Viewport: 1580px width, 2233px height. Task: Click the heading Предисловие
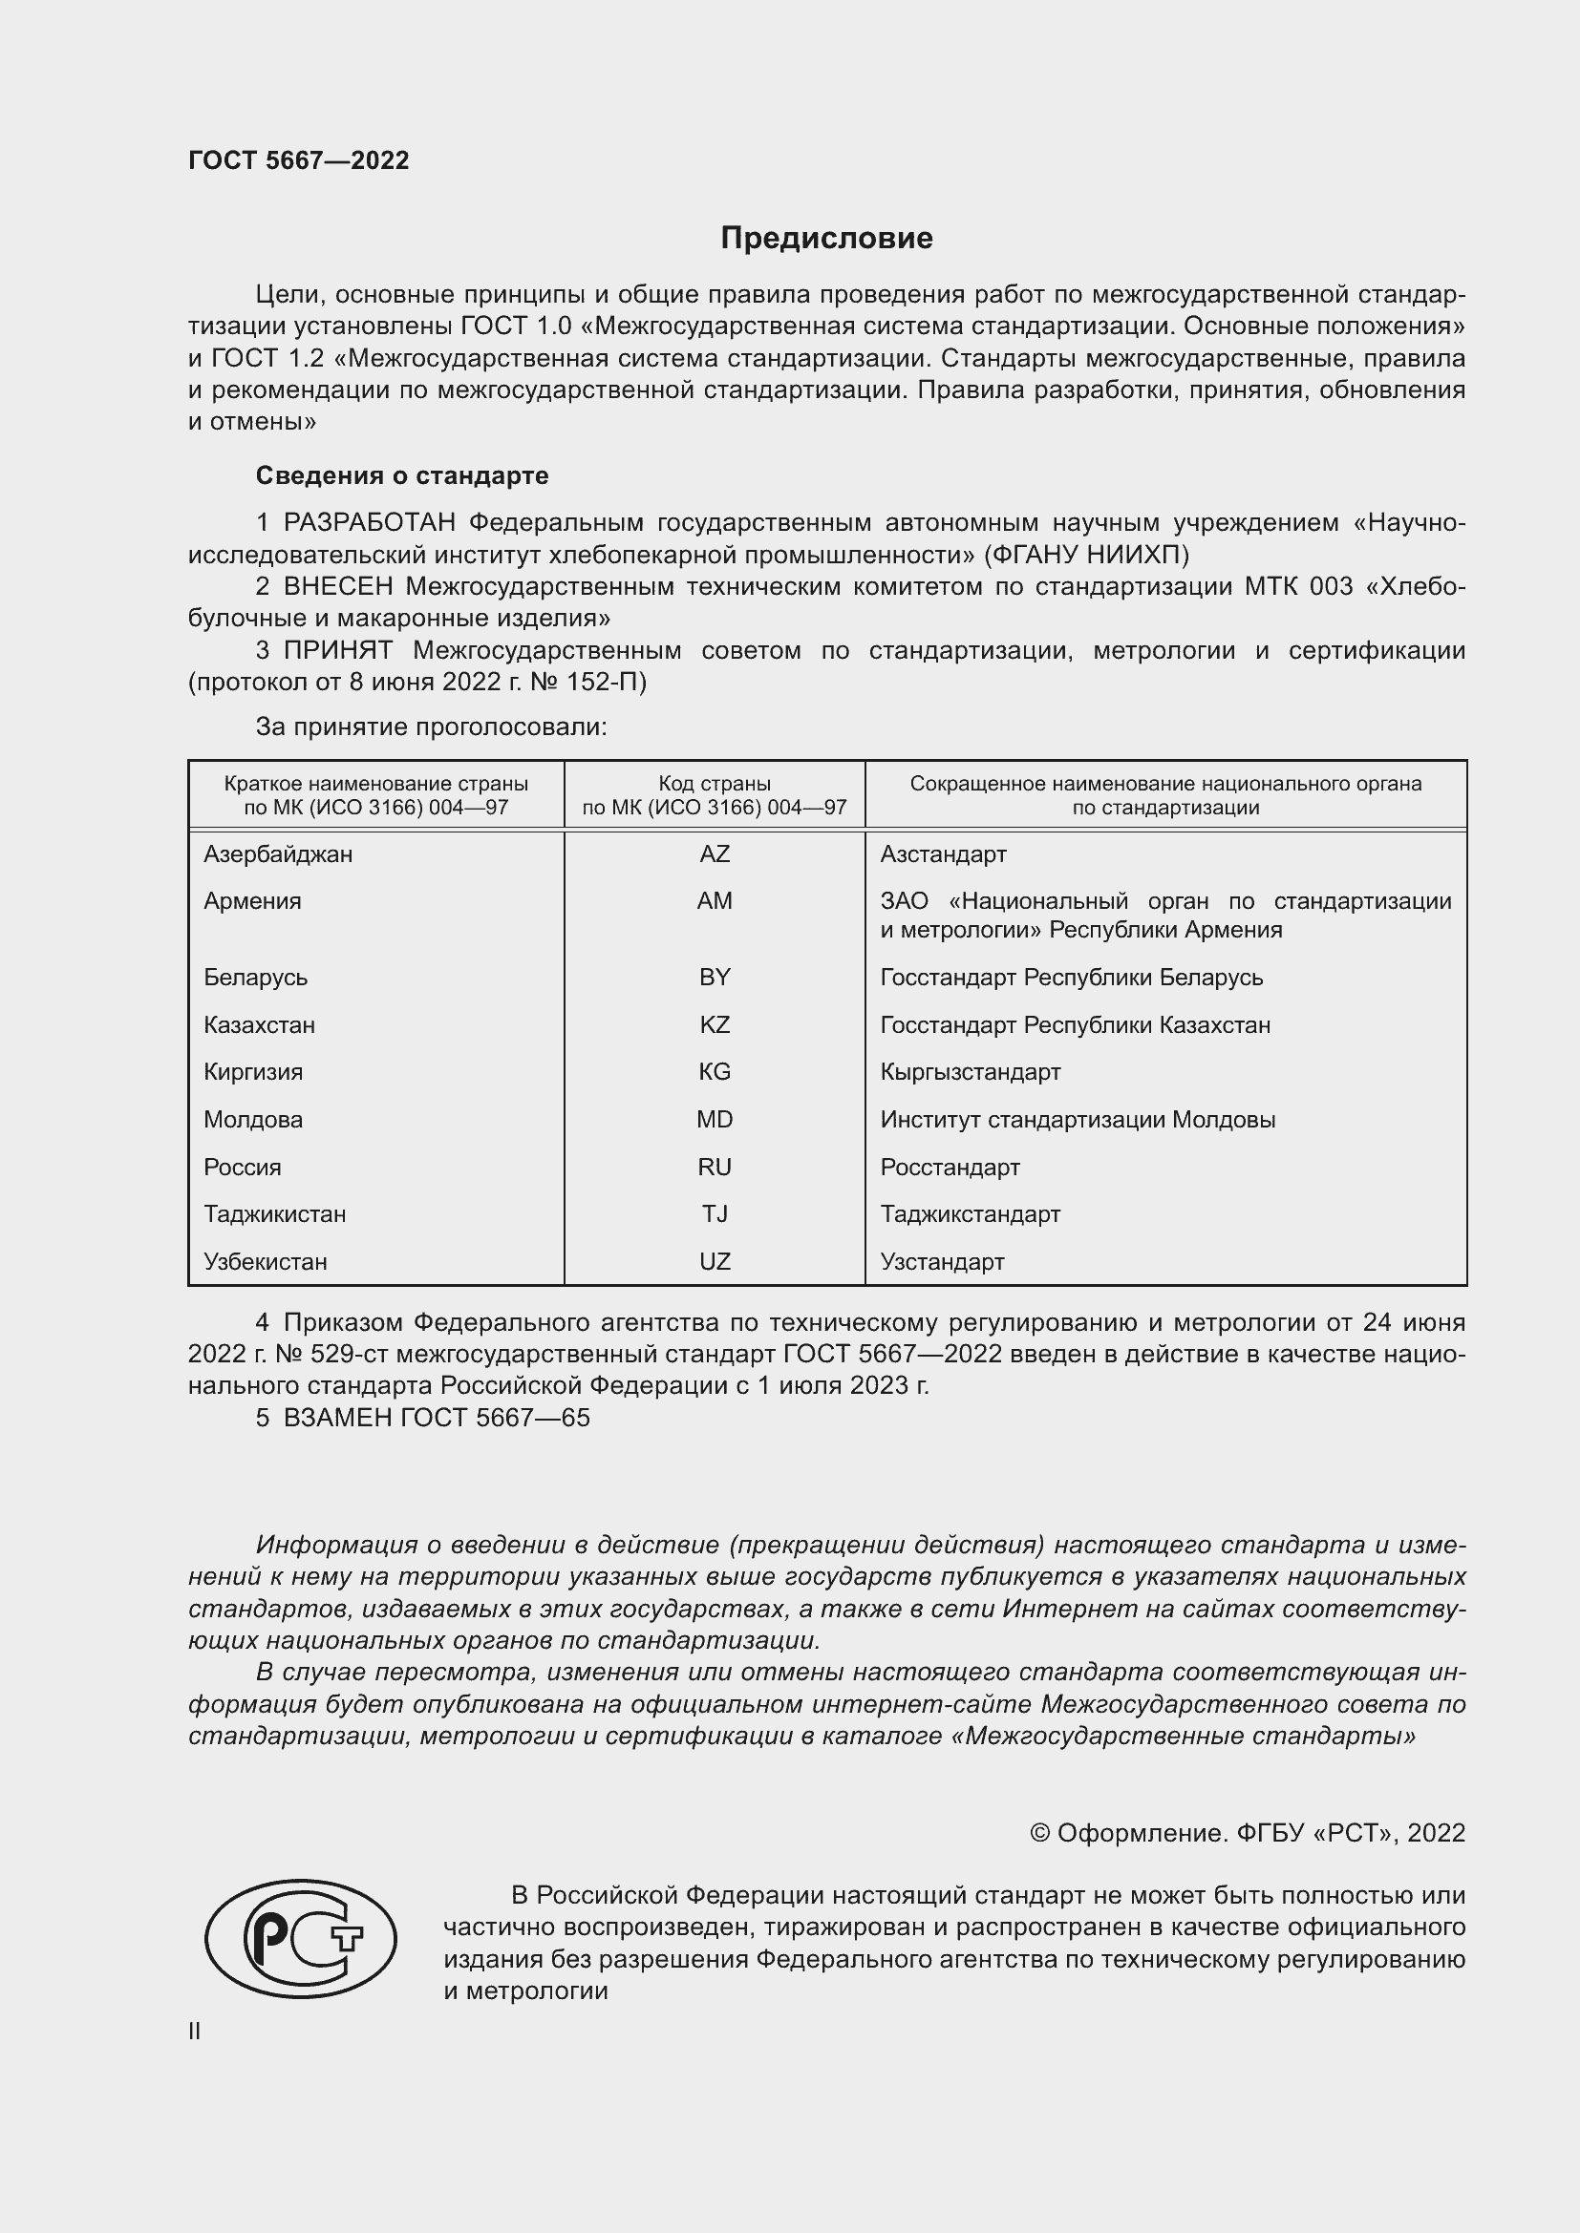pyautogui.click(x=826, y=239)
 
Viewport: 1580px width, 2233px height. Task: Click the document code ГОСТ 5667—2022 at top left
pyautogui.click(x=299, y=160)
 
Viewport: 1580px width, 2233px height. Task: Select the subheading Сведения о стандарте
pyautogui.click(x=402, y=475)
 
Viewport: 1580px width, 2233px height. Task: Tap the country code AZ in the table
pyautogui.click(x=715, y=853)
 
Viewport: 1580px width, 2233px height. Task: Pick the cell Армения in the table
pyautogui.click(x=253, y=900)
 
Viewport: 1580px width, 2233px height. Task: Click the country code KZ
pyautogui.click(x=715, y=1025)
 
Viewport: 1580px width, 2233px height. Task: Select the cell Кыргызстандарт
pyautogui.click(x=970, y=1072)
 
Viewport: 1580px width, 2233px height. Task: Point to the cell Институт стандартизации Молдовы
pyautogui.click(x=1077, y=1120)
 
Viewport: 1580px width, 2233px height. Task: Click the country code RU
pyautogui.click(x=715, y=1167)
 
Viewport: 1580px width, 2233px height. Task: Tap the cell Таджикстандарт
pyautogui.click(x=970, y=1213)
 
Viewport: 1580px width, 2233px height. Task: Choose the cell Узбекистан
pyautogui.click(x=266, y=1261)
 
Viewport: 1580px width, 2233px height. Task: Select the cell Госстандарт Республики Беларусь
pyautogui.click(x=1071, y=978)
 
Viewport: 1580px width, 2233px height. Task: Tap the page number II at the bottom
pyautogui.click(x=195, y=2031)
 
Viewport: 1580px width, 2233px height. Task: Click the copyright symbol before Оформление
pyautogui.click(x=1039, y=1833)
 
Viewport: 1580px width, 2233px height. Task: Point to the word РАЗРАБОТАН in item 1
pyautogui.click(x=370, y=523)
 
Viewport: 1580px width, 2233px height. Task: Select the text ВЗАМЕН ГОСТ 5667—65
pyautogui.click(x=437, y=1418)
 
